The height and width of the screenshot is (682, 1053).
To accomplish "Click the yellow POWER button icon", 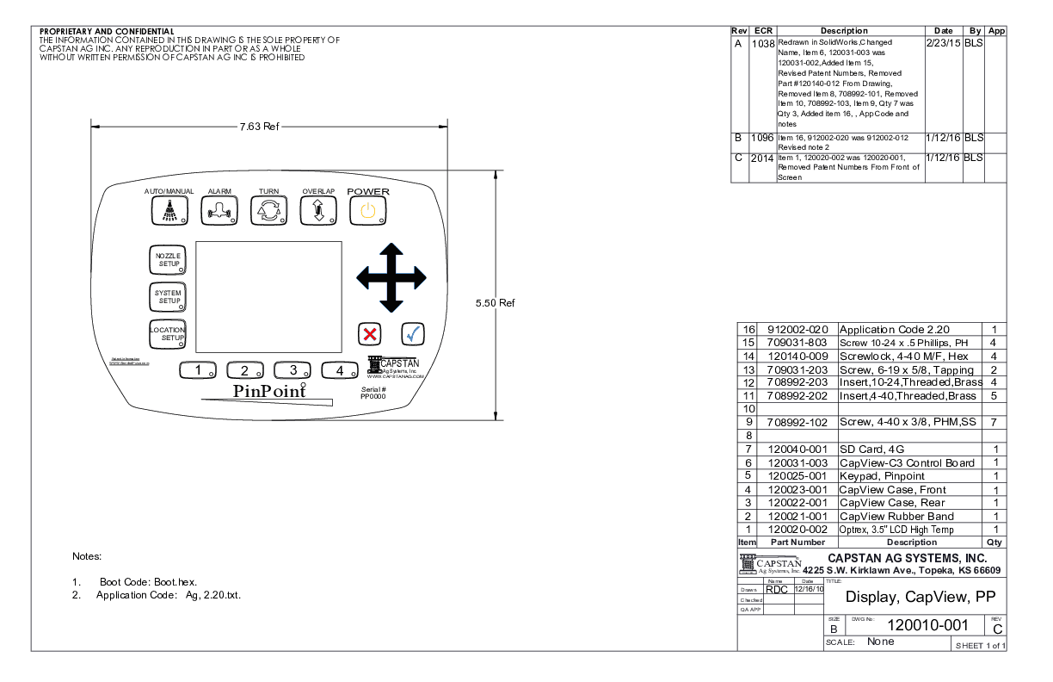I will point(367,210).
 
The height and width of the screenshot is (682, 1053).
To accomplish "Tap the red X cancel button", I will point(370,334).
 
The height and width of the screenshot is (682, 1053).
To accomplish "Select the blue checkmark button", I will point(413,334).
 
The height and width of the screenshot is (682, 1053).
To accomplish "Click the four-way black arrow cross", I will point(391,277).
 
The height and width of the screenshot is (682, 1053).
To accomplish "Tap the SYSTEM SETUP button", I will point(168,297).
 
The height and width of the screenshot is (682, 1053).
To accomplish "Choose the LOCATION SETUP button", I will point(168,334).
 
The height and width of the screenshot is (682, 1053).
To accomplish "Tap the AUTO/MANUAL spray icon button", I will point(169,210).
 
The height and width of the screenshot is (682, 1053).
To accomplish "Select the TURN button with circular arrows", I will point(268,210).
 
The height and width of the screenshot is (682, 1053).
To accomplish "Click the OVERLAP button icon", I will point(318,210).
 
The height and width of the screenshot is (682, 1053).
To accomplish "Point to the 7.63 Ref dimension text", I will point(259,127).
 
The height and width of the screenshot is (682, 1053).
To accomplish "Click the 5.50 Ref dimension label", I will point(495,303).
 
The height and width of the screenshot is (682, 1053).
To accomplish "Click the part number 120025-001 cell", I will point(797,475).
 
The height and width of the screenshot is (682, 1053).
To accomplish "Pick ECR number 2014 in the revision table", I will point(762,158).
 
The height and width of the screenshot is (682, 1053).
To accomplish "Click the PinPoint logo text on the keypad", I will point(269,391).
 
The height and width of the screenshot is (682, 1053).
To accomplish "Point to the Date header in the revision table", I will point(943,31).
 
